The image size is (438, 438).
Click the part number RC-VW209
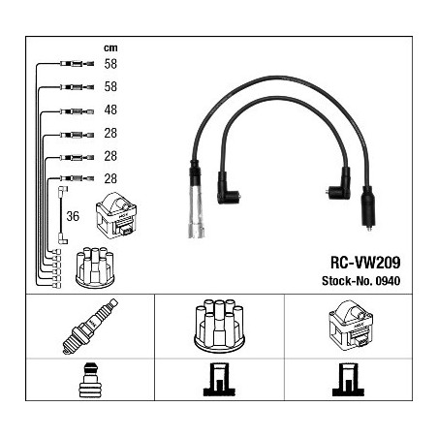(x=365, y=263)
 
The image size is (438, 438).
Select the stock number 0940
(x=388, y=281)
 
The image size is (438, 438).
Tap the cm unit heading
(x=110, y=48)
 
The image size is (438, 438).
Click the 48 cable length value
(x=110, y=109)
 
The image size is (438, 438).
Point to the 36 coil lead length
(x=73, y=216)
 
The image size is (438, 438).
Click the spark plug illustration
(x=90, y=327)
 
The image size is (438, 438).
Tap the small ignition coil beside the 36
(x=116, y=216)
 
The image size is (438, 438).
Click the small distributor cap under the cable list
(x=95, y=267)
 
